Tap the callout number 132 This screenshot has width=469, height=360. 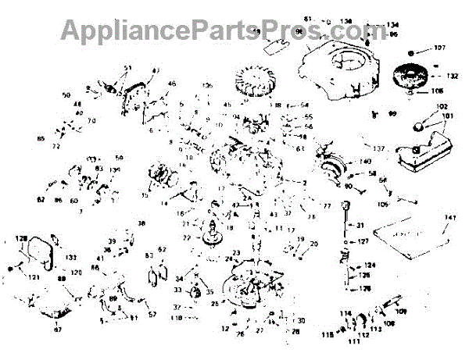451,77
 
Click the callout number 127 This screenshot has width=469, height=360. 363,241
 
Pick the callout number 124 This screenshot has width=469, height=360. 370,266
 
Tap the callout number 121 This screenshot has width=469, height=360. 13,277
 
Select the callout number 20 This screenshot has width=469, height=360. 314,244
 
